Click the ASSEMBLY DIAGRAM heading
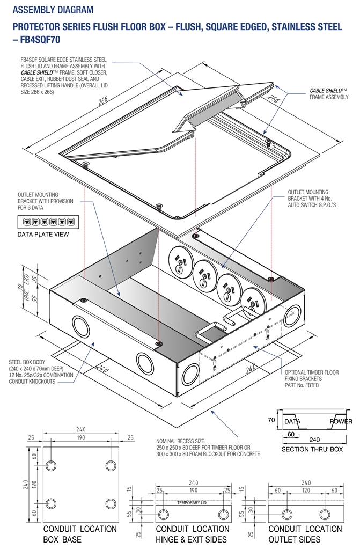[x=53, y=10]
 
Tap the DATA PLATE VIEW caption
[x=43, y=235]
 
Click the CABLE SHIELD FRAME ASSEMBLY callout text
[x=328, y=94]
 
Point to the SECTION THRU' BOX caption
[x=312, y=449]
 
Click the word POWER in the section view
[x=341, y=421]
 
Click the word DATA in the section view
[x=292, y=421]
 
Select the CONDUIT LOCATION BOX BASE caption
[x=80, y=534]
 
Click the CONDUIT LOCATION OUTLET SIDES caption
[x=305, y=534]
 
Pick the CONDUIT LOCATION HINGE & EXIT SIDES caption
[x=192, y=534]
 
